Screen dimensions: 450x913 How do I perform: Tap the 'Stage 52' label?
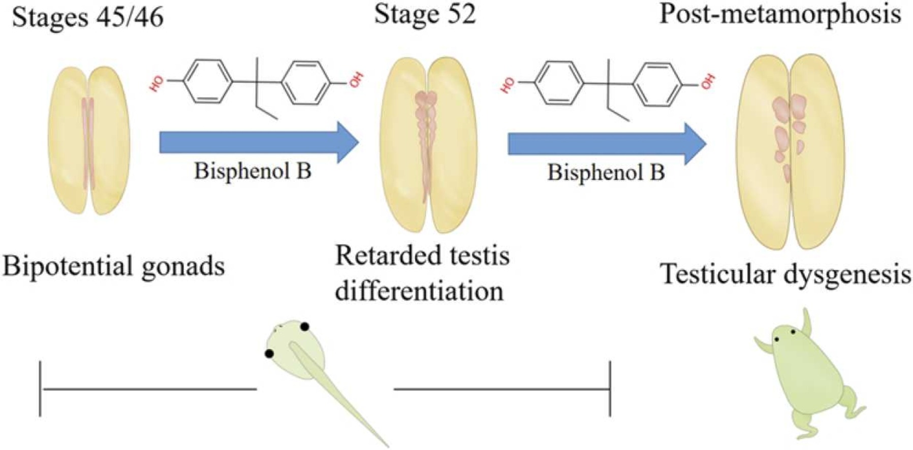425,14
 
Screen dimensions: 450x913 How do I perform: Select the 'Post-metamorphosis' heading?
780,14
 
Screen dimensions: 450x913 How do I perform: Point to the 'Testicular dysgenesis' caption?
785,274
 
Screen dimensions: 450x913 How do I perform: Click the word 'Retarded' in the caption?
382,255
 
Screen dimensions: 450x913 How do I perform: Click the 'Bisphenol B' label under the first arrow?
253,171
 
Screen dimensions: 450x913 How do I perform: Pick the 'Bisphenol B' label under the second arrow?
606,173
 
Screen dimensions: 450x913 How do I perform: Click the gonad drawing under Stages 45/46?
89,140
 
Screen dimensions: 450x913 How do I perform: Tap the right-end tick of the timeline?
610,389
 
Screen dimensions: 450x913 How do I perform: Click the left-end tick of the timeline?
40,389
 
